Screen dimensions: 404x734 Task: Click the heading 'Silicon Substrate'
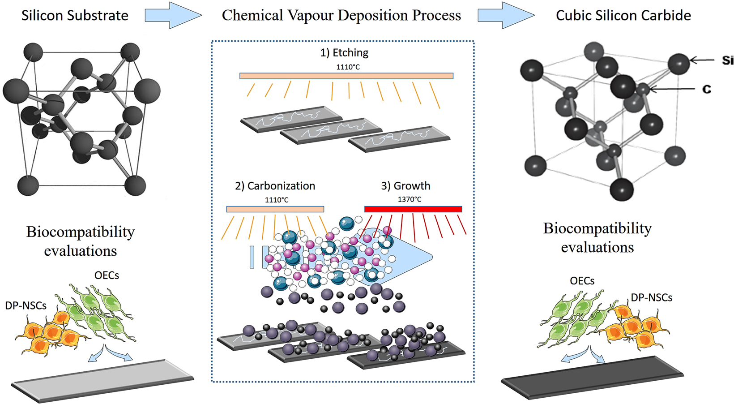point(75,15)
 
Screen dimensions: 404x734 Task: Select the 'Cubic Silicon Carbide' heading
point(623,15)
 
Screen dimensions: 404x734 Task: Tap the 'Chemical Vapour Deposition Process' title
point(341,15)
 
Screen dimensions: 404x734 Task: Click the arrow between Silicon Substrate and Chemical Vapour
point(172,15)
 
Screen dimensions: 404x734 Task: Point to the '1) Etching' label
point(344,53)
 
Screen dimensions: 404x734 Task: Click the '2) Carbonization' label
point(275,186)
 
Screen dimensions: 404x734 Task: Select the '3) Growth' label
point(405,186)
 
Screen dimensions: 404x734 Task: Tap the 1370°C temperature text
point(410,199)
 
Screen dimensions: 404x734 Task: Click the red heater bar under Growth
point(413,209)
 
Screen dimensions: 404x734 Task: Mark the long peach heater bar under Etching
point(346,76)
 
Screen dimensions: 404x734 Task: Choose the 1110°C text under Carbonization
point(276,200)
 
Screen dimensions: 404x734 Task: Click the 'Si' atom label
point(727,60)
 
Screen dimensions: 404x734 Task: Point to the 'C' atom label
point(707,90)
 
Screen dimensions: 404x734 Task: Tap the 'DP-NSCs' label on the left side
point(26,306)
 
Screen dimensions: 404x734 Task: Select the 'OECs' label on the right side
point(582,281)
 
